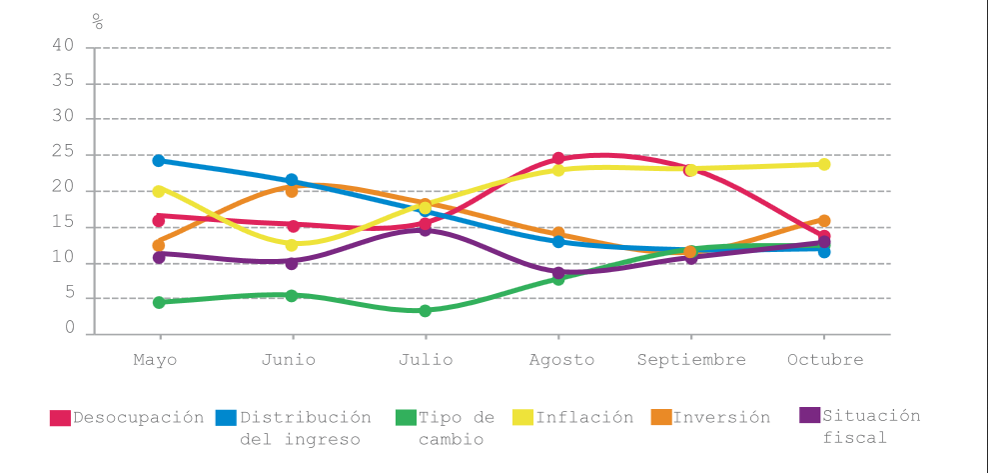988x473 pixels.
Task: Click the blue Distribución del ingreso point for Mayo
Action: pos(159,160)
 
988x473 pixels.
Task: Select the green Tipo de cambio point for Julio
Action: pos(425,311)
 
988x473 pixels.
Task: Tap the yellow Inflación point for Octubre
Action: pos(824,164)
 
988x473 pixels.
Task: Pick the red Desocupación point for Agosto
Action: pos(558,158)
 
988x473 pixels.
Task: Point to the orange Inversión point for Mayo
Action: pos(159,245)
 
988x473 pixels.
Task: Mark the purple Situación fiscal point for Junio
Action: pos(292,263)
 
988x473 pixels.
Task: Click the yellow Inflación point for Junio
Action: pos(292,245)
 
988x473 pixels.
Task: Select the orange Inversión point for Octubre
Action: pos(824,221)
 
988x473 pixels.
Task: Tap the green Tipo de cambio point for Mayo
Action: pos(159,302)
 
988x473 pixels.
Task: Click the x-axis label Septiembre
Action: pos(691,360)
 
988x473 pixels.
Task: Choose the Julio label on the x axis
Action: pos(425,360)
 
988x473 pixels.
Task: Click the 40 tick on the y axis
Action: pos(63,46)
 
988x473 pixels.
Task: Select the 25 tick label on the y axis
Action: pos(63,153)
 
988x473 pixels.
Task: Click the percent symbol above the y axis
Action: pos(98,21)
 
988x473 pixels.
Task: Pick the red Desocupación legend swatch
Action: pos(60,418)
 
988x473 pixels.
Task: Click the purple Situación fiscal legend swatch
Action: pos(810,415)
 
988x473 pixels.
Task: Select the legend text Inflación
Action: pos(584,417)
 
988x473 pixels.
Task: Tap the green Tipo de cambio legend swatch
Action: pos(405,418)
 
